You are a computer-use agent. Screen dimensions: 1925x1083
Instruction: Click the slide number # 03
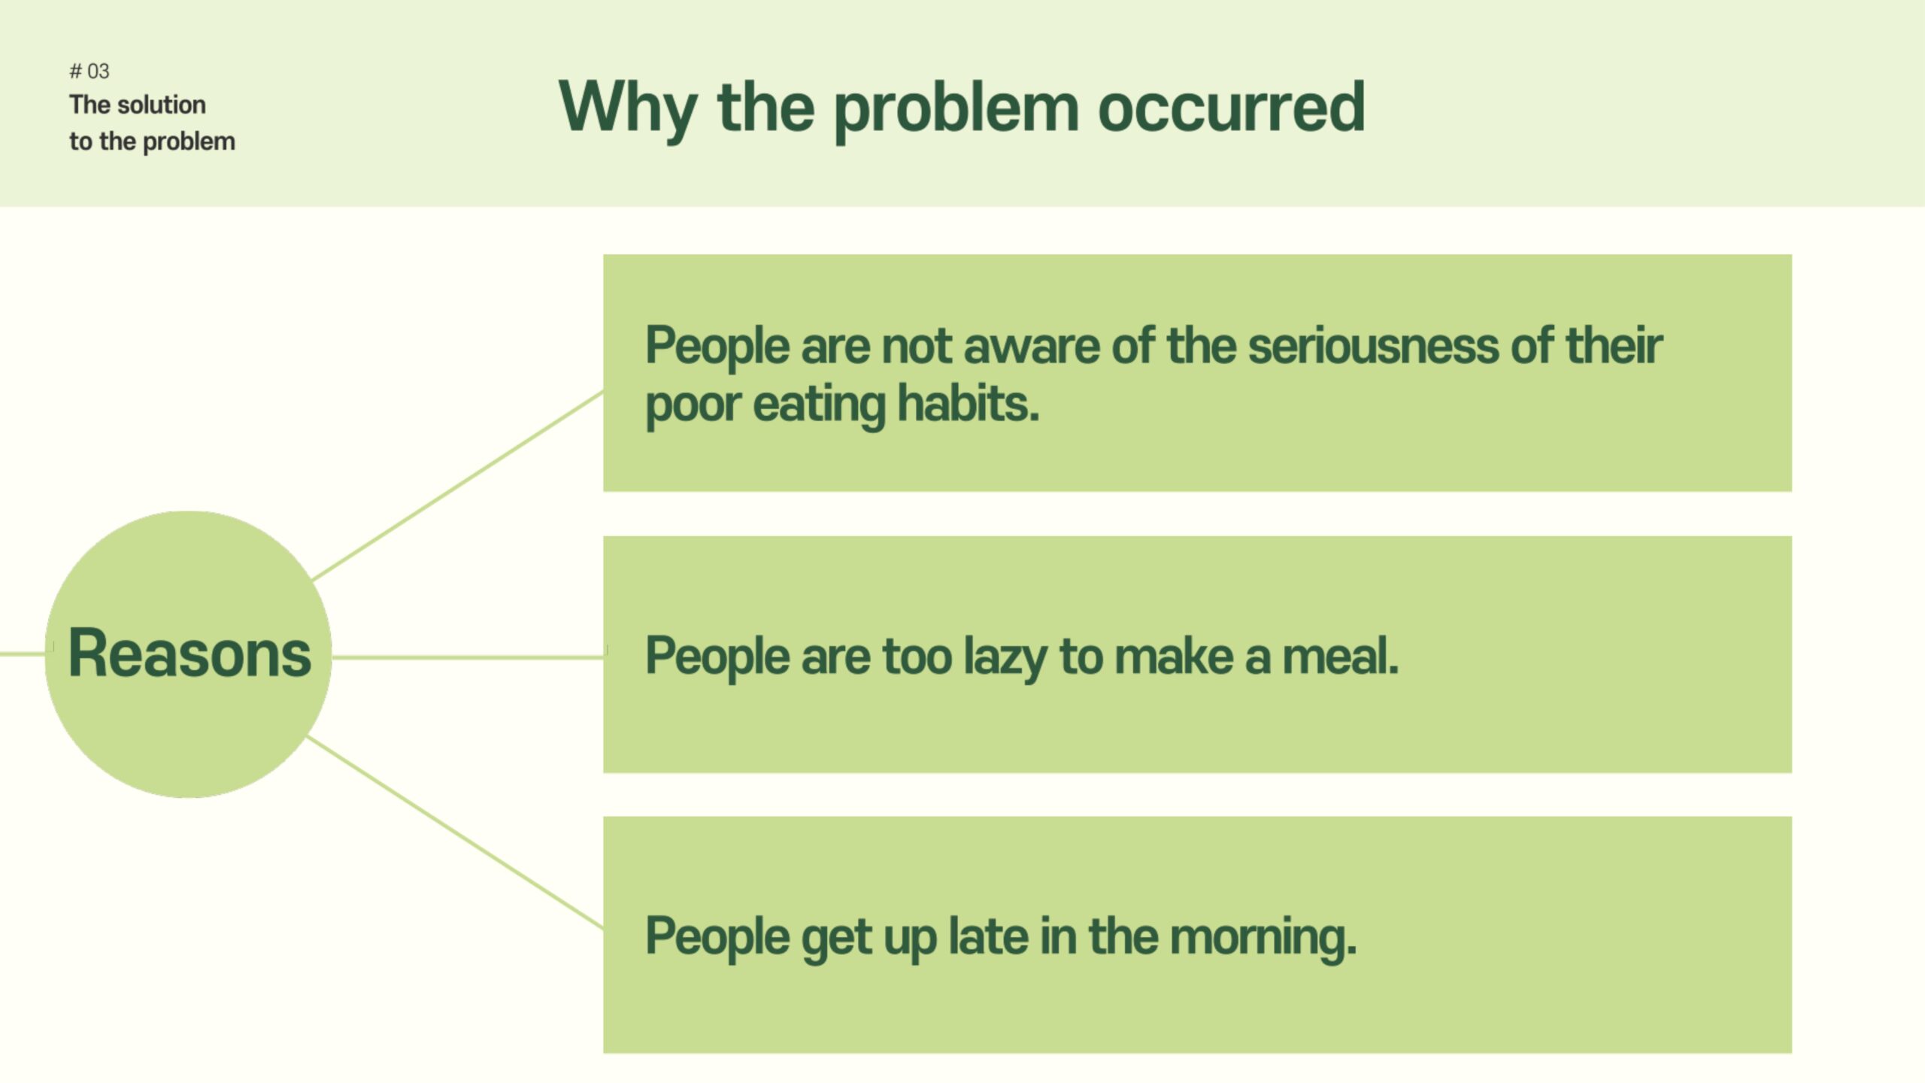[89, 71]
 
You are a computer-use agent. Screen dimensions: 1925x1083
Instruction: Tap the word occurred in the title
[1231, 108]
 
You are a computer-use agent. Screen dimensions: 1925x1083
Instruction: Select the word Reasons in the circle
[189, 653]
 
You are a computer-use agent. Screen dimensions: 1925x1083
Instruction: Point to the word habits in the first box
[968, 404]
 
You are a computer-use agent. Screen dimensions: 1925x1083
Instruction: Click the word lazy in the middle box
[1005, 657]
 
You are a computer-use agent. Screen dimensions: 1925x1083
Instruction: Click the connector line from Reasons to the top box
[458, 485]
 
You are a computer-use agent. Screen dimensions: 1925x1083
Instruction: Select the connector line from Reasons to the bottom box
[455, 832]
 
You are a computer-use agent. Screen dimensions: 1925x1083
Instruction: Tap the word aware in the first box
[1032, 347]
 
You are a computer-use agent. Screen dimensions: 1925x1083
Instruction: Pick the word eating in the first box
[820, 406]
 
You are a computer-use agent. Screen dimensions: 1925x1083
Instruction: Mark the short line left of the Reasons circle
[23, 654]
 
